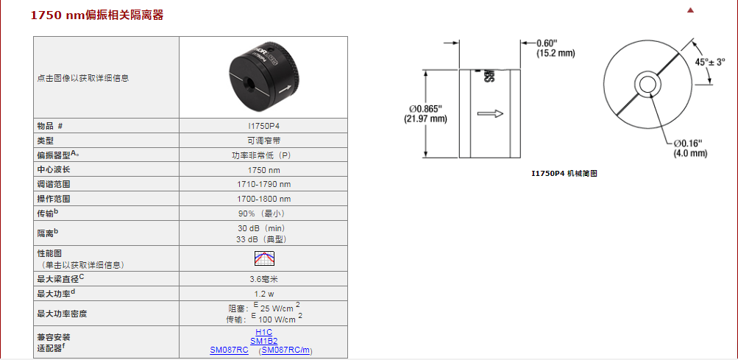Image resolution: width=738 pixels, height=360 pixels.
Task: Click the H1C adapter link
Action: (x=263, y=332)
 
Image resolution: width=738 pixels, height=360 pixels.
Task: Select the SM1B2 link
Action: (x=263, y=341)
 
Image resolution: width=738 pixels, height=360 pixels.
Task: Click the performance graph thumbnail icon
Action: (x=264, y=258)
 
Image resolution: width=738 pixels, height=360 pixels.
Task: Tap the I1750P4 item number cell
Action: (x=263, y=126)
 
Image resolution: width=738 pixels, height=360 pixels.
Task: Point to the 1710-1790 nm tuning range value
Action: (x=263, y=184)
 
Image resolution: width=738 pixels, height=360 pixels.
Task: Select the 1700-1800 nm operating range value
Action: (x=263, y=199)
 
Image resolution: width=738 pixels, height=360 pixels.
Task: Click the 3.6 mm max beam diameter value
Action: (x=263, y=279)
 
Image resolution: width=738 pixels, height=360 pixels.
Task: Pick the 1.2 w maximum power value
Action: (x=263, y=294)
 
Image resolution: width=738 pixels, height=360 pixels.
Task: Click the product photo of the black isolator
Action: (x=264, y=77)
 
